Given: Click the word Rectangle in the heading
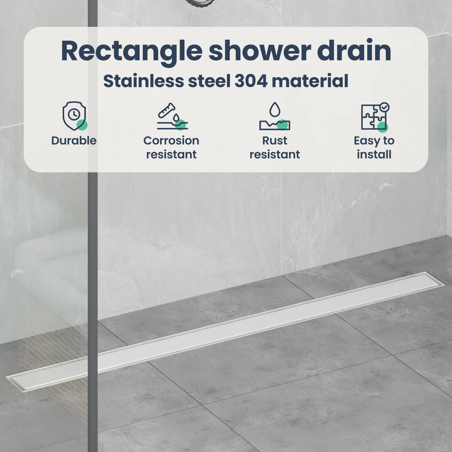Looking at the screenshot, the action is tap(132, 52).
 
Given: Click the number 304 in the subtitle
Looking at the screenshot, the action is tap(251, 81).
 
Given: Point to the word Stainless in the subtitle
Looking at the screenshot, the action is tap(144, 81).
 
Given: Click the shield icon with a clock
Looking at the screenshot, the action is tap(75, 116).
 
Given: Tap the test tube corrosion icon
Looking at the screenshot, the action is tap(172, 116).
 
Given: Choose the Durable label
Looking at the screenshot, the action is tap(74, 141).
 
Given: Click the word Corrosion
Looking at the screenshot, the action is tap(171, 141).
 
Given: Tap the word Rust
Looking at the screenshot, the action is tap(275, 141).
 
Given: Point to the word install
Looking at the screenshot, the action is tap(374, 155).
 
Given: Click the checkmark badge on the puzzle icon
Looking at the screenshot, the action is tap(384, 107).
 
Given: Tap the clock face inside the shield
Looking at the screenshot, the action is tap(74, 114).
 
